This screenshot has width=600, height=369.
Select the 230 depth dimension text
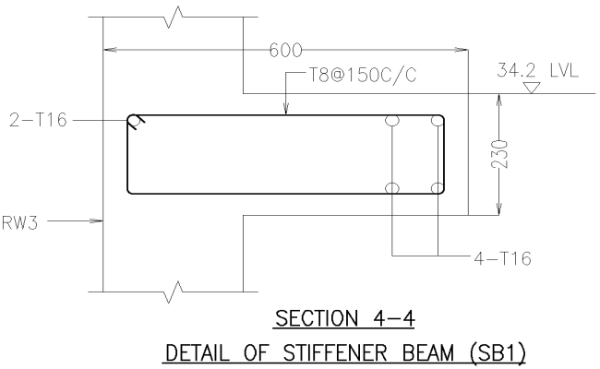[499, 153]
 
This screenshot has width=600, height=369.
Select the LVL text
[562, 70]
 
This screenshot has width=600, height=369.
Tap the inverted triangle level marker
[530, 88]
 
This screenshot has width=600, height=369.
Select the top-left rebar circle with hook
[135, 120]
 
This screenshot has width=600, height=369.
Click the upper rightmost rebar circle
[438, 121]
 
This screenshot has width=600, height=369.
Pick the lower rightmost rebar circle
[438, 188]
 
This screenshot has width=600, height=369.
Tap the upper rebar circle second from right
[393, 121]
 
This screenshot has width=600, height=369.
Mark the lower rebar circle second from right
[393, 188]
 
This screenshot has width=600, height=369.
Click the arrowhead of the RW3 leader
[99, 221]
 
